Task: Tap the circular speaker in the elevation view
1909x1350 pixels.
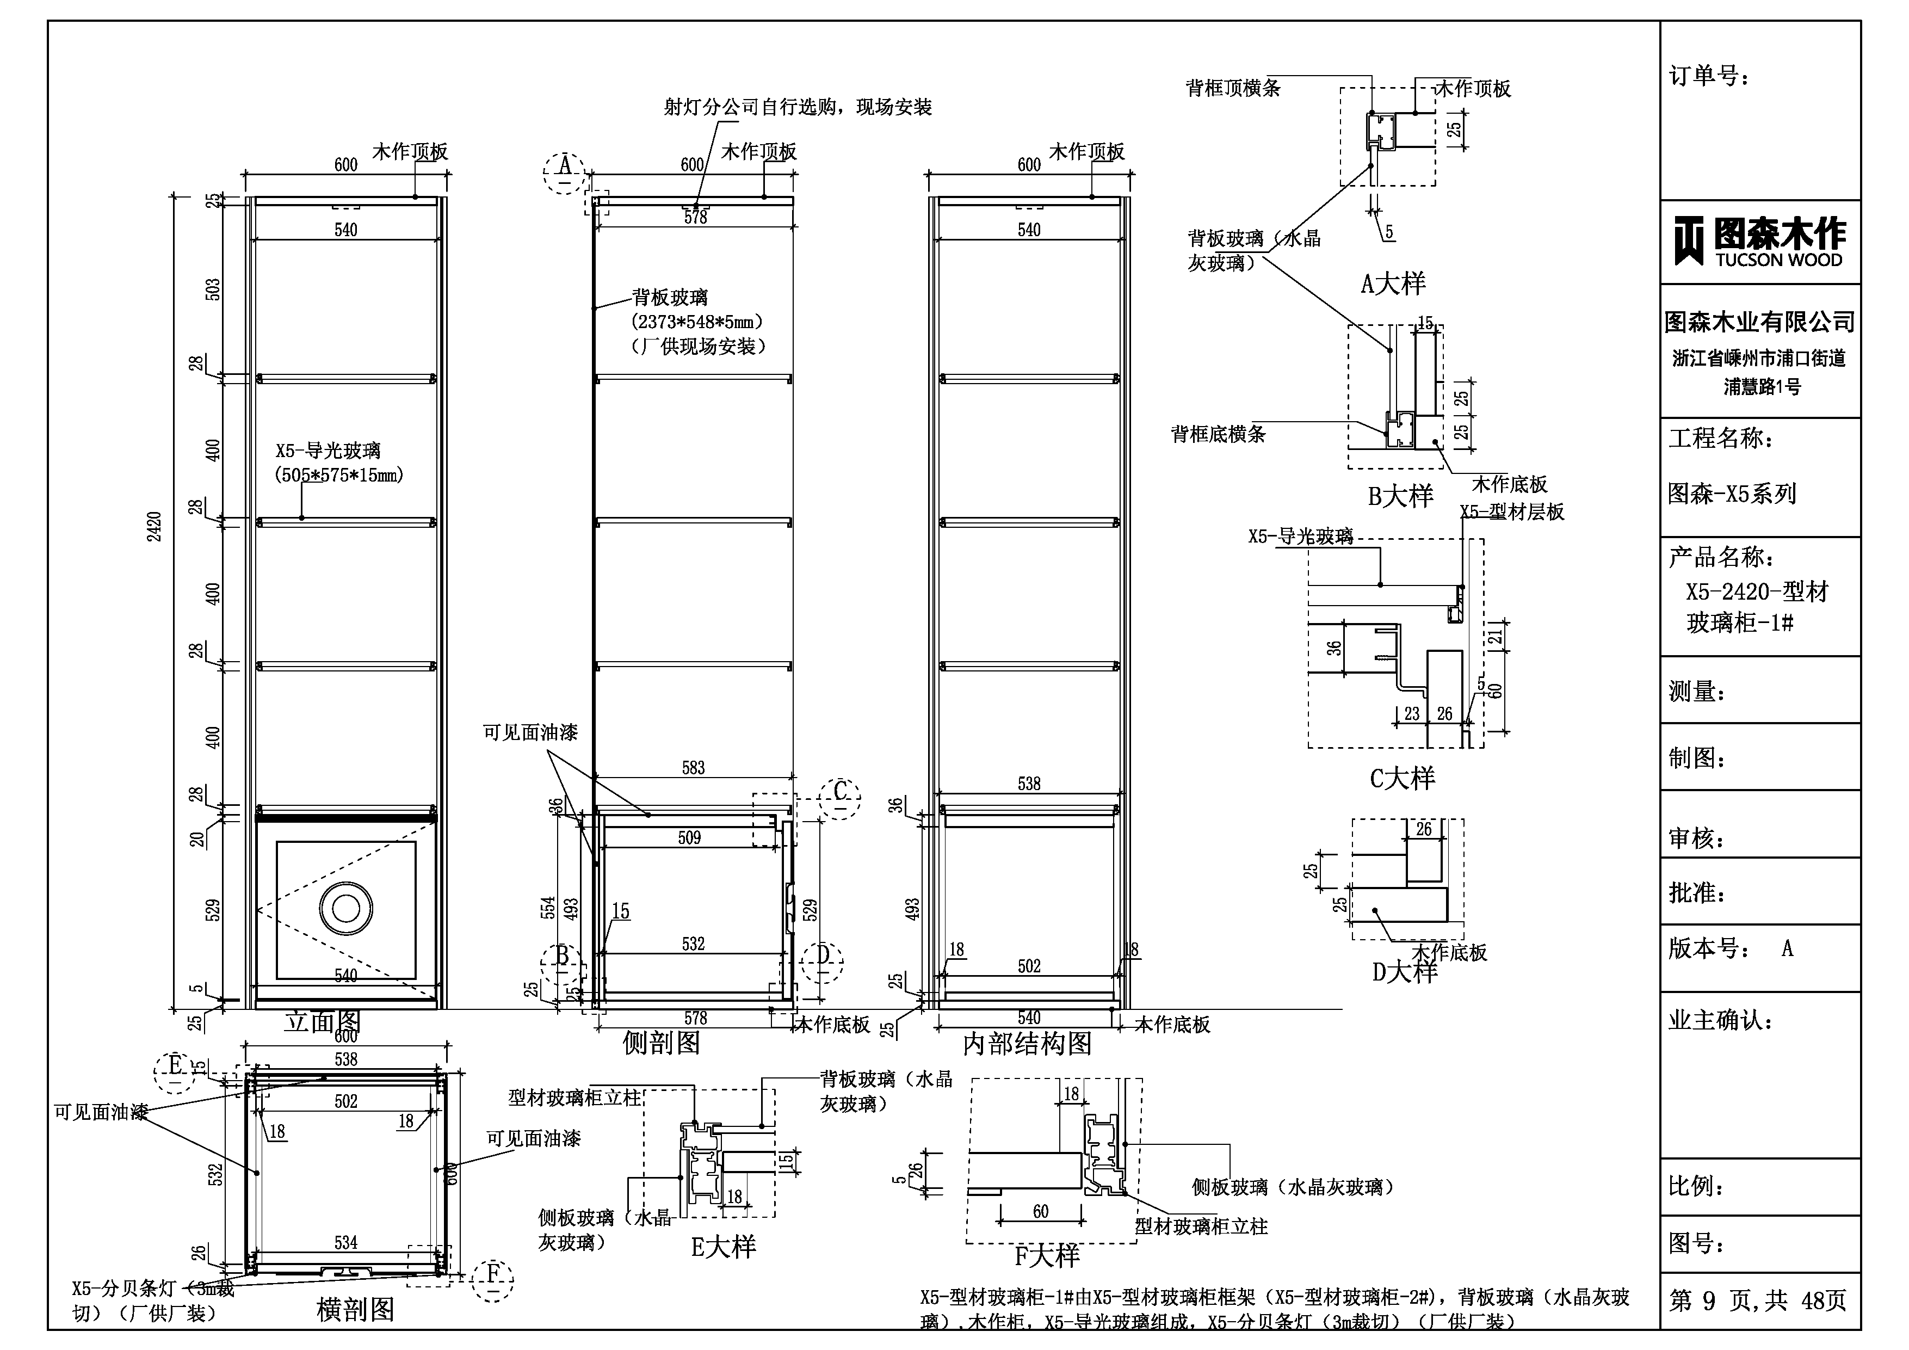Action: (346, 908)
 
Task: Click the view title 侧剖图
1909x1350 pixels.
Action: (661, 1042)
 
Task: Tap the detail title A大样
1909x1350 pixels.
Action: (1393, 285)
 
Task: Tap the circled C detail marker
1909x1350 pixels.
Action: (840, 797)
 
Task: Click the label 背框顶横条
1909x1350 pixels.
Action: (1232, 88)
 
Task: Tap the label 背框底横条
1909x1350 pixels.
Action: (1218, 434)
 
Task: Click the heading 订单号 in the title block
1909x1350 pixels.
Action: (1709, 77)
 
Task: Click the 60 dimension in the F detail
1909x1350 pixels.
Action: (1041, 1212)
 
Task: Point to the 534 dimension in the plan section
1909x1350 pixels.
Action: (346, 1243)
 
